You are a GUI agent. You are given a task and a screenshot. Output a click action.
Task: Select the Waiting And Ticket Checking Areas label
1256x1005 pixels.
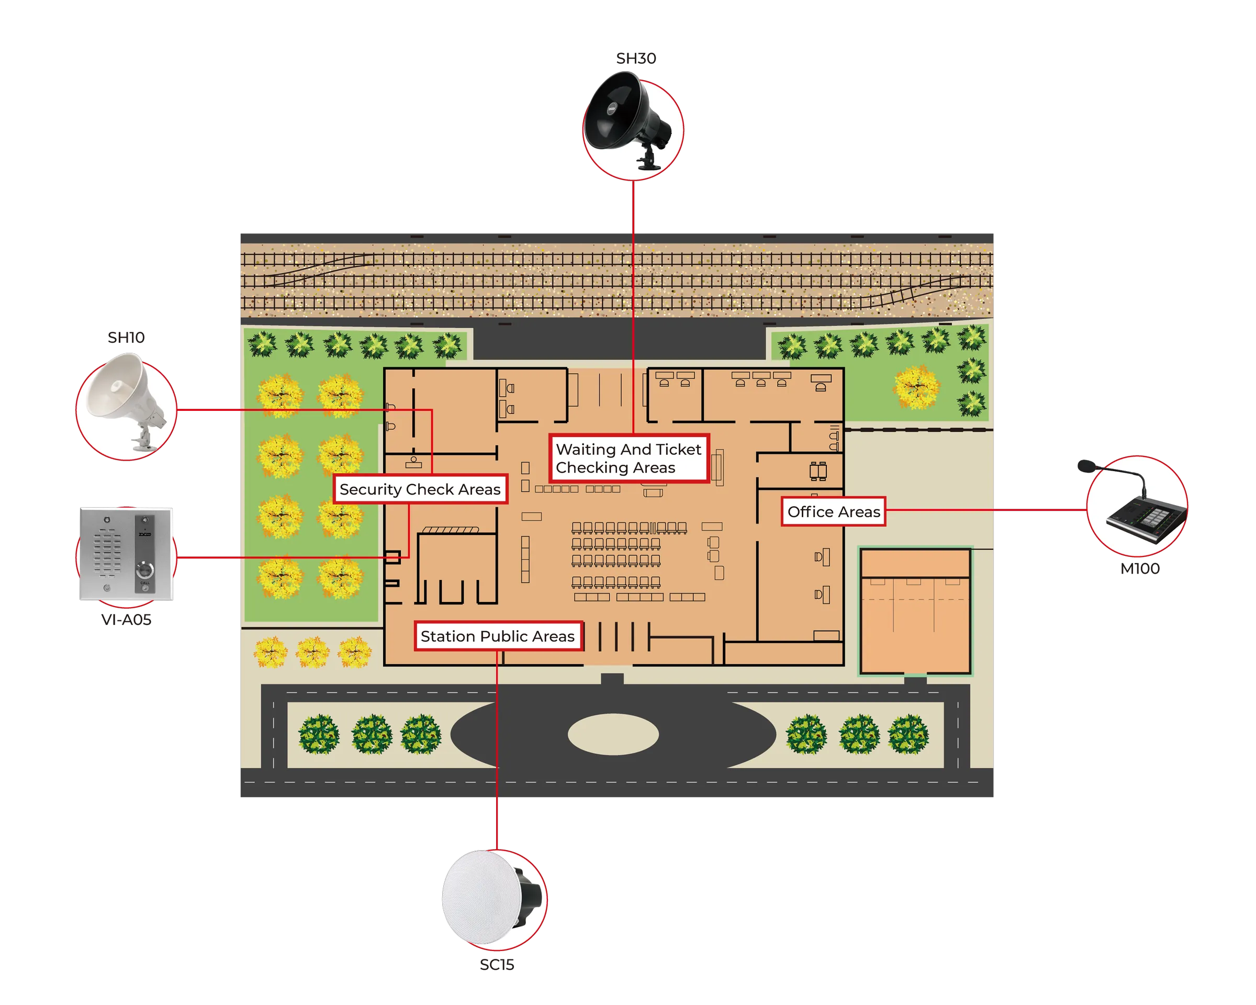[x=629, y=459]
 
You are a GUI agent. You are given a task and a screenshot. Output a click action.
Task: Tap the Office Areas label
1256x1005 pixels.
[x=833, y=511]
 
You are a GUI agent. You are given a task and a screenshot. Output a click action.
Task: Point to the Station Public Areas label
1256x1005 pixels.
[x=498, y=636]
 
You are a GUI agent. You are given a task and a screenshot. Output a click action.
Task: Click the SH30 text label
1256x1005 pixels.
[x=635, y=58]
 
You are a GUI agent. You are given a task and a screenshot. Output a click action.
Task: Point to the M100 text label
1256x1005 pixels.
[x=1140, y=568]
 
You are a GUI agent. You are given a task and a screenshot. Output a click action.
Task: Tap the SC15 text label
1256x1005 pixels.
[x=497, y=965]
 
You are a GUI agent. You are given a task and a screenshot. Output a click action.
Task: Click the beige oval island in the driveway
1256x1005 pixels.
[x=613, y=734]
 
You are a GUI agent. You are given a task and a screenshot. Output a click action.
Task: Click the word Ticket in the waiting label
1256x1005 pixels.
[x=678, y=449]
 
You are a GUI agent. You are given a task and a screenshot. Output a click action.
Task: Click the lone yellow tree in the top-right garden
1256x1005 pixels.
[x=916, y=386]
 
